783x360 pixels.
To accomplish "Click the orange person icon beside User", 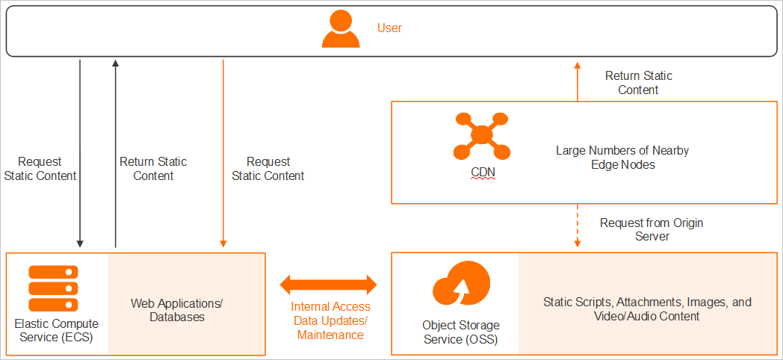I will pos(340,30).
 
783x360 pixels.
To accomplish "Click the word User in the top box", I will pos(389,28).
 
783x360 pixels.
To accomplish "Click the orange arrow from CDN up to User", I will pos(577,82).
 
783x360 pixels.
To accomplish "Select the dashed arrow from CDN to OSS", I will pos(577,228).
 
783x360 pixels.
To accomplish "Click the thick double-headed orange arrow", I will pos(329,284).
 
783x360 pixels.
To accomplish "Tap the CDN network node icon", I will pos(482,135).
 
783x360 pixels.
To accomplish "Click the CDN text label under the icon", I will pos(482,173).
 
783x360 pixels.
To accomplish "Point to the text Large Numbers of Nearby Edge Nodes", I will pos(622,158).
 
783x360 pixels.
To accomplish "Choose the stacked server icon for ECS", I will pos(54,288).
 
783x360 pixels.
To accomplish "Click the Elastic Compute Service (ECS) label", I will pos(56,331).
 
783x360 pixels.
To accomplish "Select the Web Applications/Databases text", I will pos(177,310).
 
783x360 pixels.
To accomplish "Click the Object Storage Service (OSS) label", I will pos(461,332).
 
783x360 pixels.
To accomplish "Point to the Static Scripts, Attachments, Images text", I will pos(647,309).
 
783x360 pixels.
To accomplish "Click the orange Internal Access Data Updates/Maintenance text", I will pos(330,321).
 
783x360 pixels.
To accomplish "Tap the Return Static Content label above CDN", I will pos(638,83).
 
